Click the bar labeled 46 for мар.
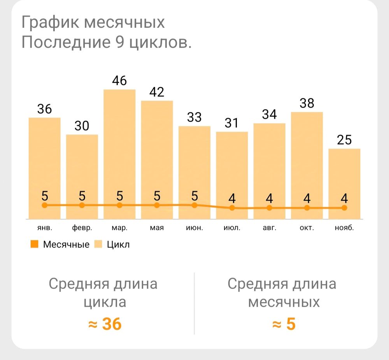coord(119,154)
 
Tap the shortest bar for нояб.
coord(344,183)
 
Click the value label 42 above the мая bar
coord(157,92)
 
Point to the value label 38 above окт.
coord(307,103)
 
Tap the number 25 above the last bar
coord(344,140)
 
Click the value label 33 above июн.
coord(194,117)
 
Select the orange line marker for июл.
coord(232,208)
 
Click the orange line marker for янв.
coord(44,205)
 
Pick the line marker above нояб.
coord(344,208)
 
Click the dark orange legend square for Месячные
coord(34,245)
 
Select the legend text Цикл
coord(118,245)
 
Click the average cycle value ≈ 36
coord(105,324)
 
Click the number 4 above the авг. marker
coord(270,198)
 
